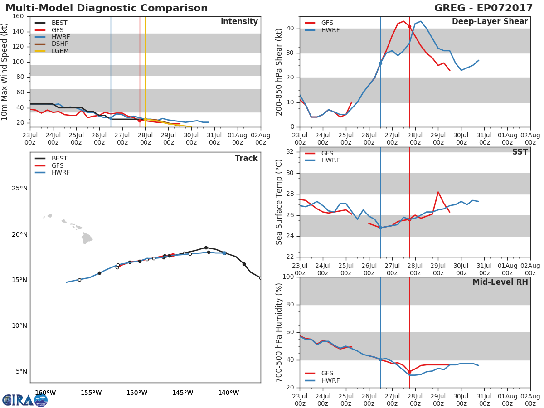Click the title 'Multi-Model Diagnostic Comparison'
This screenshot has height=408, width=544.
[x=107, y=8]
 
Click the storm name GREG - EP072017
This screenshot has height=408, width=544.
[x=481, y=8]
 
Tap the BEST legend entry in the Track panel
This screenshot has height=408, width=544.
[x=59, y=159]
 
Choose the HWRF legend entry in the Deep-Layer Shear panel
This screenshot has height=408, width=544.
[x=330, y=30]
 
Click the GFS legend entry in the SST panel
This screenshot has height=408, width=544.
[x=327, y=153]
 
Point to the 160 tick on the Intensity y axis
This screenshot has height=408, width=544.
[x=18, y=16]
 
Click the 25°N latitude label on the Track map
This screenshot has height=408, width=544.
[x=19, y=189]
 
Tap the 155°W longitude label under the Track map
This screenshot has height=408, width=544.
[x=91, y=393]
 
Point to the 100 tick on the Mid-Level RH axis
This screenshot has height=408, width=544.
[x=288, y=277]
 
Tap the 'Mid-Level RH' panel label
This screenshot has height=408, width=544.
[x=500, y=282]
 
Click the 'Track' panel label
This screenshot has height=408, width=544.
[x=246, y=158]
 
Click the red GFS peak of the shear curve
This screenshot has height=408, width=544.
[x=403, y=21]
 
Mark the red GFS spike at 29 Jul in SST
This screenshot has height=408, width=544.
[x=438, y=192]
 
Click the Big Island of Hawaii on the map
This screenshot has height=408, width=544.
[x=87, y=238]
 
